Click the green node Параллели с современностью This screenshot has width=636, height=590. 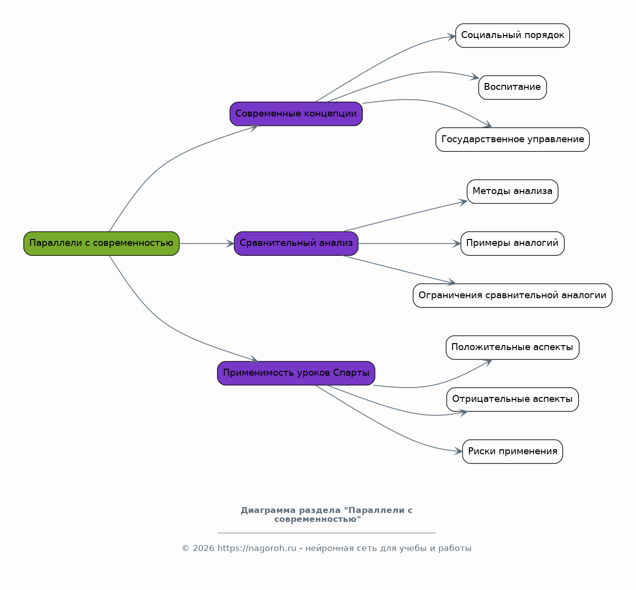coord(101,243)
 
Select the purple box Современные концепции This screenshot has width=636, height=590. coord(296,114)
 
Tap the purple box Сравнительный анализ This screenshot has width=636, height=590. coord(296,243)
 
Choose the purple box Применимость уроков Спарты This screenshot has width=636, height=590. coord(296,373)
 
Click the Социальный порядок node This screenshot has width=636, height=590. coord(513,36)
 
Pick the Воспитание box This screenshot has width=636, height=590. coord(513,88)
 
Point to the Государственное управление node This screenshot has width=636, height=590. coord(513,140)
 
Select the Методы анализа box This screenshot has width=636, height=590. coord(513,192)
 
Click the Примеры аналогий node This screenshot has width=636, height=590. coord(513,243)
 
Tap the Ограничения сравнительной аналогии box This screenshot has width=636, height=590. coord(513,296)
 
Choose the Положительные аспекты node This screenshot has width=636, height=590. coord(513,348)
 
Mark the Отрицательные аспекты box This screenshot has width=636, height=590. coord(513,399)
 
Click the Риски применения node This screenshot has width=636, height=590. coord(513,451)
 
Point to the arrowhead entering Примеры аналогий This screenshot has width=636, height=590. coord(457,243)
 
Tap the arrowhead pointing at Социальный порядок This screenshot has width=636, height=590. coord(452,37)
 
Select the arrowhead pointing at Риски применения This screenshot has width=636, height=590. coord(459,451)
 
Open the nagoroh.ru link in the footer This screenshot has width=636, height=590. coord(257,549)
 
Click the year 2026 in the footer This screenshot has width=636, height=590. coord(204,549)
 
